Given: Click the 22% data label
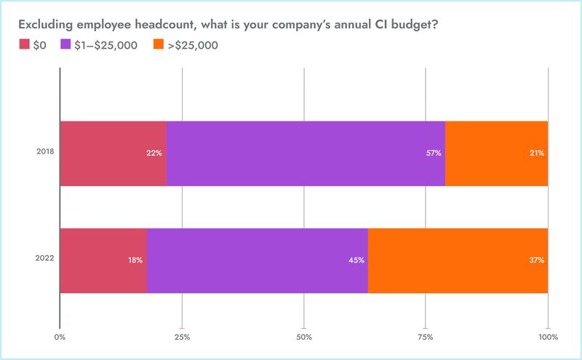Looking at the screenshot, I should (154, 153).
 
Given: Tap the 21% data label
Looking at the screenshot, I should (537, 153).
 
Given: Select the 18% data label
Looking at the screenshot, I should (135, 260).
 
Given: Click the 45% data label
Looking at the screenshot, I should (356, 260).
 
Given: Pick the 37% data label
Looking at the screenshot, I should (537, 260).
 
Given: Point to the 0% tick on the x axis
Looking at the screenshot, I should (60, 337).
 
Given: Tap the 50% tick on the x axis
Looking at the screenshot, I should (304, 337).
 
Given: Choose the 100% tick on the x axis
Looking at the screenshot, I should (548, 337).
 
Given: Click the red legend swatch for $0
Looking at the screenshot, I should (24, 45).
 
